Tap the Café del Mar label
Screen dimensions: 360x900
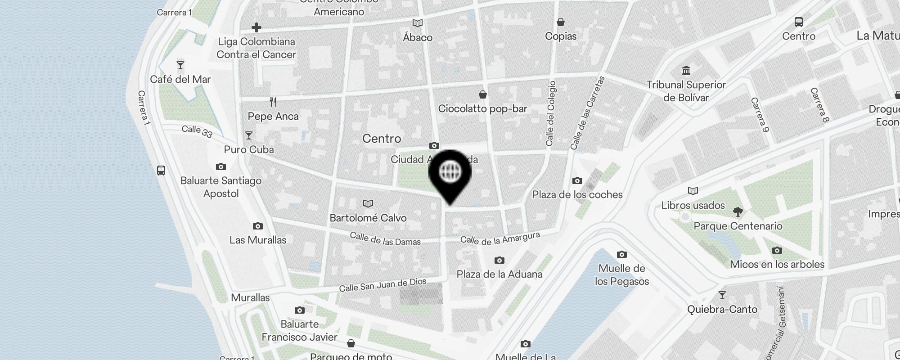tap(180, 80)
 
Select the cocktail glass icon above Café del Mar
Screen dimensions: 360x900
tap(180, 66)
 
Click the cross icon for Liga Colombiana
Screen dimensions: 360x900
tap(256, 27)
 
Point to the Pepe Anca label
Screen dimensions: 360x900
tap(273, 116)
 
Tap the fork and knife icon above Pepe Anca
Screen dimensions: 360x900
tap(273, 102)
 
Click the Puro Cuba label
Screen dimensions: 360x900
tap(249, 149)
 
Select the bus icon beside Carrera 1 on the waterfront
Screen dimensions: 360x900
tap(161, 171)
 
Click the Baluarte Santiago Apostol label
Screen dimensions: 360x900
tap(221, 187)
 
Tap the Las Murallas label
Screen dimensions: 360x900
tap(258, 240)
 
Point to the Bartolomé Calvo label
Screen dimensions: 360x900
tap(368, 218)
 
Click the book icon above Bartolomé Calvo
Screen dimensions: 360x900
tap(368, 204)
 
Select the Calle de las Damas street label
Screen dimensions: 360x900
tap(385, 239)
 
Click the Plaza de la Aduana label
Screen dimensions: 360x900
tap(499, 274)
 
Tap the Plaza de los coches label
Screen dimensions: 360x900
tap(577, 194)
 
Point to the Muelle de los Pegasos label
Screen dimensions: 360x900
tap(622, 274)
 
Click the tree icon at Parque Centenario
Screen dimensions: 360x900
tap(738, 211)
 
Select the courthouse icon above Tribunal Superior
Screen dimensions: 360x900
tap(686, 71)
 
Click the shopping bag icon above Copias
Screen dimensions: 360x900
tap(561, 22)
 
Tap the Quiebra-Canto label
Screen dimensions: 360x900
tap(722, 309)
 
